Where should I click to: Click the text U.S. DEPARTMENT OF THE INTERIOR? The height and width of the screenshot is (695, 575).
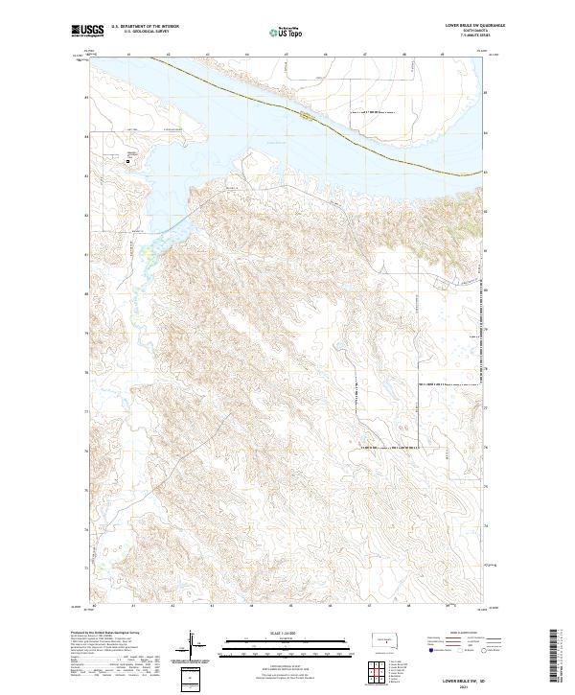coord(150,28)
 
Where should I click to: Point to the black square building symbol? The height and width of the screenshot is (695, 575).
coord(127,161)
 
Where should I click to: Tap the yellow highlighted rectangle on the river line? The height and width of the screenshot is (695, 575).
coord(305,116)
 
